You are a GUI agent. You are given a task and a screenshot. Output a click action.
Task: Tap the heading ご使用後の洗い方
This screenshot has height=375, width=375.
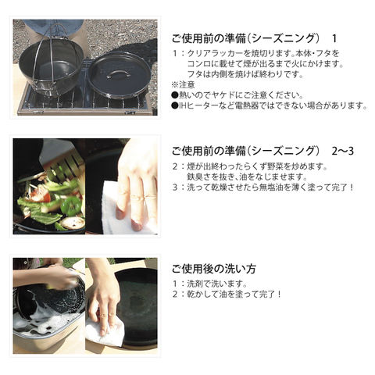point(214,269)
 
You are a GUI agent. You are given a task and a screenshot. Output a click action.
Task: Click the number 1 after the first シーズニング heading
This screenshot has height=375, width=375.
point(334,39)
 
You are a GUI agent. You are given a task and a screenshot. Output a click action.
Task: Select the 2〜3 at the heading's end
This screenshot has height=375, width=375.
point(343,151)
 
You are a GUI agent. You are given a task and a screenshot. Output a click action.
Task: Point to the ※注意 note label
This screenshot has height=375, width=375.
point(183,84)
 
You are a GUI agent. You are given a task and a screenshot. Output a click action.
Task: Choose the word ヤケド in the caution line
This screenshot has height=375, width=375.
point(220,95)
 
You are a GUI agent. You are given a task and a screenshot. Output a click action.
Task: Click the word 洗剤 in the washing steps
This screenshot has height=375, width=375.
point(196,284)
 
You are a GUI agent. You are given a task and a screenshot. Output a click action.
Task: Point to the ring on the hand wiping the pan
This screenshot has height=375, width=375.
point(104,315)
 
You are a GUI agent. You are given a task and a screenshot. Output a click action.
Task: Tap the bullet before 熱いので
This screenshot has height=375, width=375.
point(174,95)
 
